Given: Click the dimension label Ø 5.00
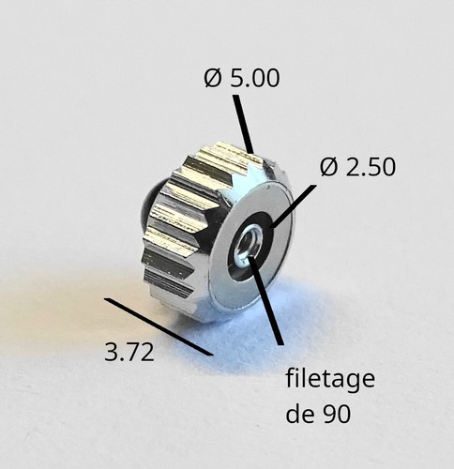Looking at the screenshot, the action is click(242, 78).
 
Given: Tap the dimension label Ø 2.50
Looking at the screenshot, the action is click(357, 167).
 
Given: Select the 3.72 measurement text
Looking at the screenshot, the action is click(129, 353).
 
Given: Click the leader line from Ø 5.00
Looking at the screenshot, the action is click(243, 125).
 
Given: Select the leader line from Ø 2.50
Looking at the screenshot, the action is click(292, 206).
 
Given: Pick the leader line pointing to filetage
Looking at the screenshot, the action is click(265, 301).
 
